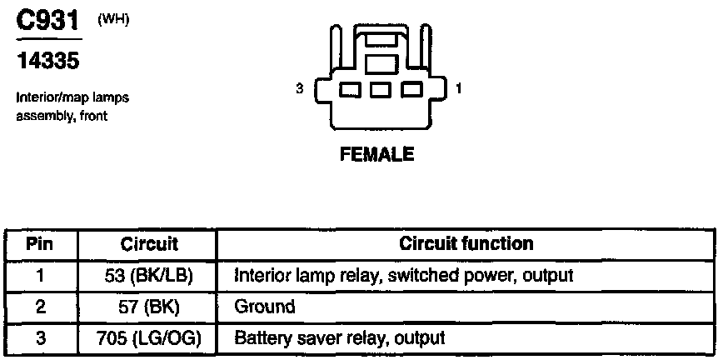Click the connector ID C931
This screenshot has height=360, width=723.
pyautogui.click(x=49, y=22)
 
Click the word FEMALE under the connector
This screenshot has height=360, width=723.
pyautogui.click(x=376, y=155)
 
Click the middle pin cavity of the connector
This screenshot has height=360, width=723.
pyautogui.click(x=380, y=89)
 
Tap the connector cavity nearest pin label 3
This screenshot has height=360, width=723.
pyautogui.click(x=349, y=89)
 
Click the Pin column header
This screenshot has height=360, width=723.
pyautogui.click(x=40, y=244)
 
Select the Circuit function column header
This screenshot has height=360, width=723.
pyautogui.click(x=466, y=244)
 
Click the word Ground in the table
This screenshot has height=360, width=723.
pyautogui.click(x=265, y=307)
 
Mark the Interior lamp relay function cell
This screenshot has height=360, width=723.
pyautogui.click(x=405, y=275)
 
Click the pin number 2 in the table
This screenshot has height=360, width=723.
pyautogui.click(x=40, y=307)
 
